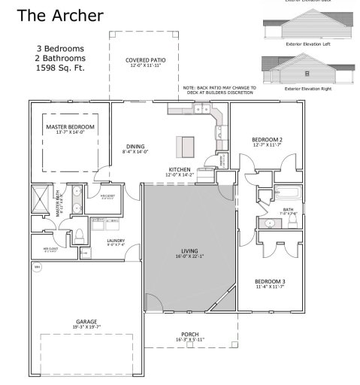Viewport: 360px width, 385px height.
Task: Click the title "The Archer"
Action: [x=60, y=15]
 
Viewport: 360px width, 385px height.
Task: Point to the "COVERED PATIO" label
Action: [x=141, y=59]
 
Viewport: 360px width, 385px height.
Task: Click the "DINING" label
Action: [x=135, y=147]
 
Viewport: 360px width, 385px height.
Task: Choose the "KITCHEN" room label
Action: [x=180, y=170]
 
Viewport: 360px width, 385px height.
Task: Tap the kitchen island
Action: [x=185, y=144]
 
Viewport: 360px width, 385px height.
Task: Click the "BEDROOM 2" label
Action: [x=267, y=140]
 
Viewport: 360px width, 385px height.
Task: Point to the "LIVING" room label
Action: [x=188, y=252]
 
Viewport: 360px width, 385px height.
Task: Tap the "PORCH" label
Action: [x=189, y=335]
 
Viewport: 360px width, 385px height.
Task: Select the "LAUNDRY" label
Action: [x=116, y=241]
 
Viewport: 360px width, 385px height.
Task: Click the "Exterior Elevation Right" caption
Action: [x=308, y=88]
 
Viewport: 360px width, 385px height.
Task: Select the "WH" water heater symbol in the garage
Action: [x=37, y=267]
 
